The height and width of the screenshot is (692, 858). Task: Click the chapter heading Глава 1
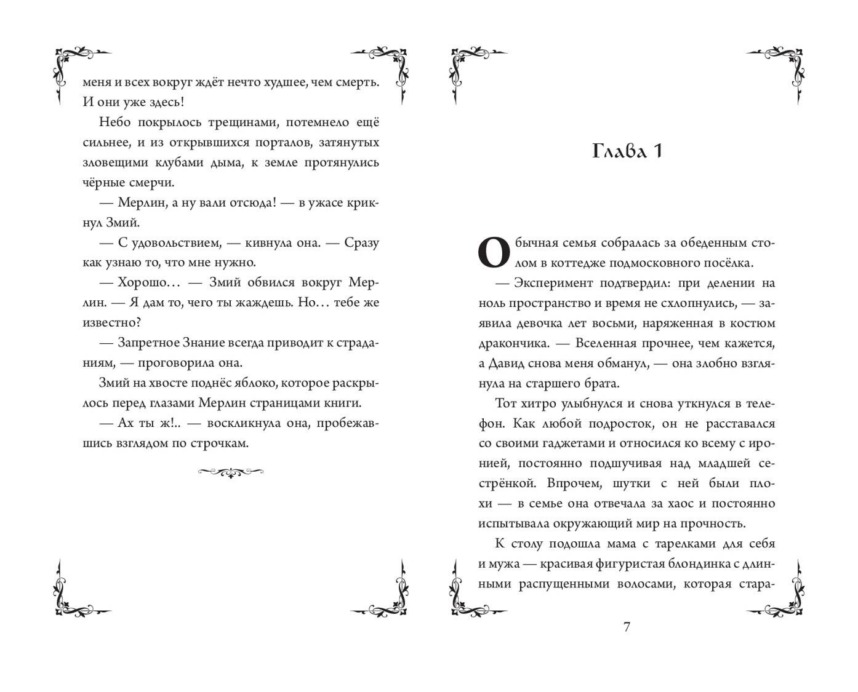tap(627, 151)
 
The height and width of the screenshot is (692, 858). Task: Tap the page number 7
tap(627, 627)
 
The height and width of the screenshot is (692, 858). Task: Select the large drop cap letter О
tap(494, 252)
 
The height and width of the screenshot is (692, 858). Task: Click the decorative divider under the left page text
tap(231, 472)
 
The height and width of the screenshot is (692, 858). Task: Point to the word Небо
tap(111, 122)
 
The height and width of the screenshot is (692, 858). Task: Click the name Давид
tap(511, 363)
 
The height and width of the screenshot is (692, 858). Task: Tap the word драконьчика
tap(513, 343)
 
